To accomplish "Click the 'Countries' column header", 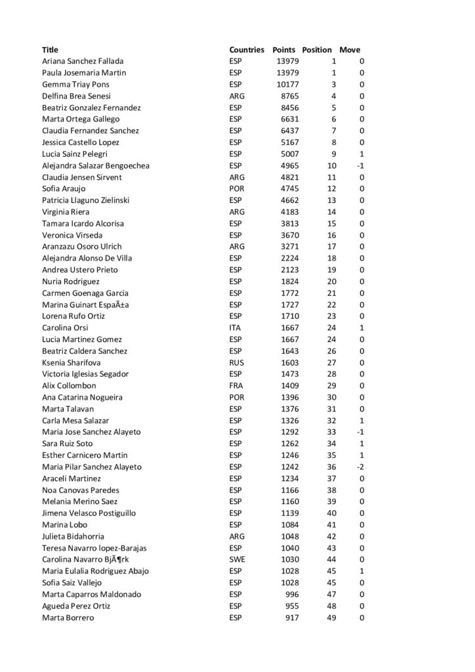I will (x=246, y=50).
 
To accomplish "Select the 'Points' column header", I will (x=284, y=50).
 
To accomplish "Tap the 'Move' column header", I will (x=350, y=50).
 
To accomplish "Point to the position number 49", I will (x=331, y=618).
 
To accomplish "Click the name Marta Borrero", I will (x=68, y=618).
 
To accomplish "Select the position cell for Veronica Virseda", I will (x=331, y=235).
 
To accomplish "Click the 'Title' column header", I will (x=50, y=50).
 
